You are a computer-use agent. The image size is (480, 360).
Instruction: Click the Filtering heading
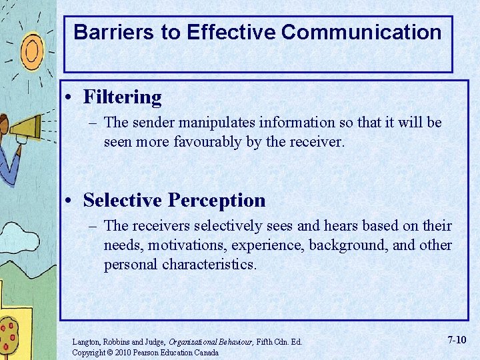(x=122, y=97)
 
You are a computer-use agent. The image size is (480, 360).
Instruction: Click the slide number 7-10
(x=457, y=340)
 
